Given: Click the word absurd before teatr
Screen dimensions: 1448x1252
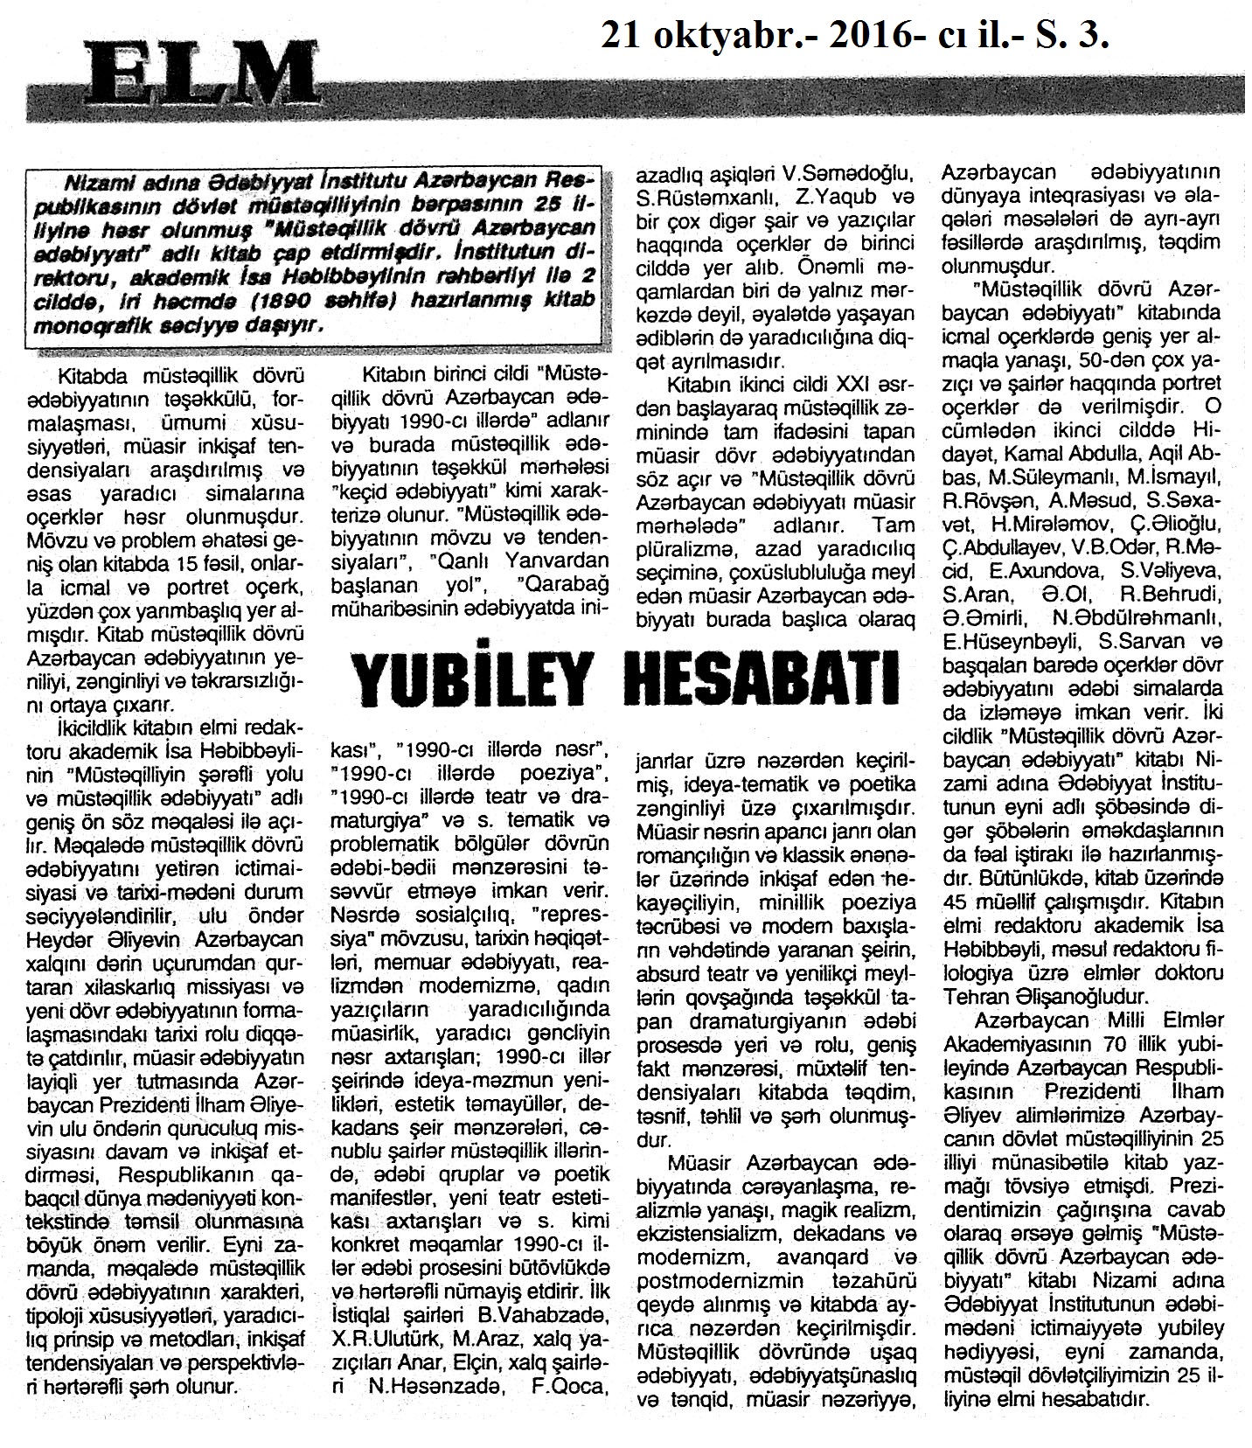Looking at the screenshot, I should point(669,972).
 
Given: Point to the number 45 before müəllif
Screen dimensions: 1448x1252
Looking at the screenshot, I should point(959,900).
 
